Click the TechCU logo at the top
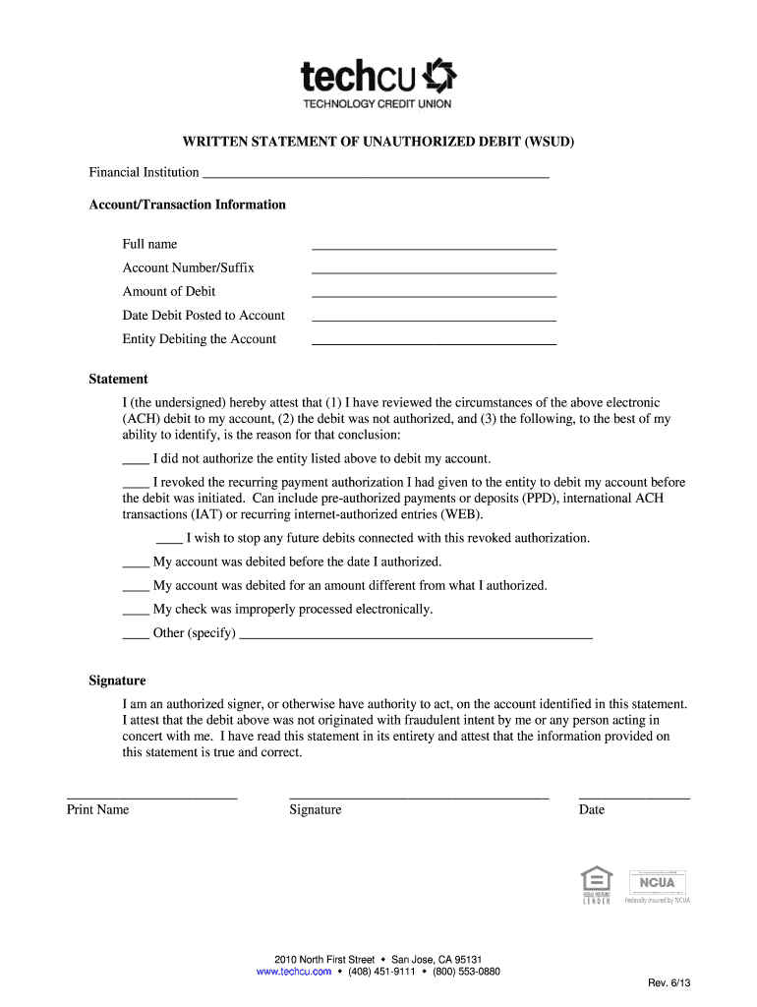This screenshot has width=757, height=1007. click(378, 84)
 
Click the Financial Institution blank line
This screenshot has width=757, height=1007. click(374, 175)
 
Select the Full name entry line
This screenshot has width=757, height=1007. click(434, 247)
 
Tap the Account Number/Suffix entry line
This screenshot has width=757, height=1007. click(434, 270)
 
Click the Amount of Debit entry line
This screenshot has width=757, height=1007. click(434, 294)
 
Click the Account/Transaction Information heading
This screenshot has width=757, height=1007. click(188, 205)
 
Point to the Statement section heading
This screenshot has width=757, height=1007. click(119, 379)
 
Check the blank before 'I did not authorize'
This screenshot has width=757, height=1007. click(136, 460)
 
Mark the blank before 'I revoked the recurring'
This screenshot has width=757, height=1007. click(136, 484)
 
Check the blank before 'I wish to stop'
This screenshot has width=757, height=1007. click(169, 540)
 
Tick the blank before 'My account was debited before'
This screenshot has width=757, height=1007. click(136, 563)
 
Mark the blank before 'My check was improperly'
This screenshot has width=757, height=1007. click(136, 611)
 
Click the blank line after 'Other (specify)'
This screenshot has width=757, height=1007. click(416, 636)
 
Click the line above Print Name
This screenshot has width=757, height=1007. click(151, 795)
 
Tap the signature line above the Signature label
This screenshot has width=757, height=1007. click(419, 795)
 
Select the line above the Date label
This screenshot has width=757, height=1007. click(634, 795)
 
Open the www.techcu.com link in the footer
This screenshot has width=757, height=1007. click(293, 972)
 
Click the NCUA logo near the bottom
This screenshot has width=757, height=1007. click(657, 883)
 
